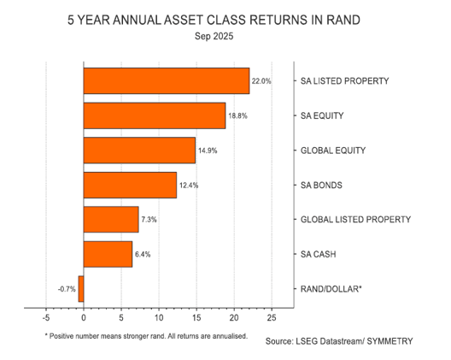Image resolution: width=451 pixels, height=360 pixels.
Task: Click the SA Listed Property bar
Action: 167,80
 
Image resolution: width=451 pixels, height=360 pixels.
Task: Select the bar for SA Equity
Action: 155,115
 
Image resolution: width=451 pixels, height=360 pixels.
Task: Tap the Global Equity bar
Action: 139,150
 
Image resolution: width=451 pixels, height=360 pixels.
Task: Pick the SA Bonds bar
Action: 130,185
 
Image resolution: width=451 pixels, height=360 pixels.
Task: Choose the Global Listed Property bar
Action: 111,220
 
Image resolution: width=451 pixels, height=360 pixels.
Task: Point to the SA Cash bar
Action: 108,254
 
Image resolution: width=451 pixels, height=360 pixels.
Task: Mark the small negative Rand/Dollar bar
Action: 81,289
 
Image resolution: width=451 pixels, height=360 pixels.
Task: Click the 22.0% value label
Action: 261,81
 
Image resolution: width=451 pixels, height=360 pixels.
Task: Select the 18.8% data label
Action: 237,115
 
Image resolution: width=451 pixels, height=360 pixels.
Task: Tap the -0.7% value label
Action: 67,289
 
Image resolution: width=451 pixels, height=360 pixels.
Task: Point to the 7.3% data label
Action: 150,220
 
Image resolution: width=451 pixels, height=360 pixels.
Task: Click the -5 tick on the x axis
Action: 45,317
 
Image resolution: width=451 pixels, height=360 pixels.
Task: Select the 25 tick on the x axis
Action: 271,317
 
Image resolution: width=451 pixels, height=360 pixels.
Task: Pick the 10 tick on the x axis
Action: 158,317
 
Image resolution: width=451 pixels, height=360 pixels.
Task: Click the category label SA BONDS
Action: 326,185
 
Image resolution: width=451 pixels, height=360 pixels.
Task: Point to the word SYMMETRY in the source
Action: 385,341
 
